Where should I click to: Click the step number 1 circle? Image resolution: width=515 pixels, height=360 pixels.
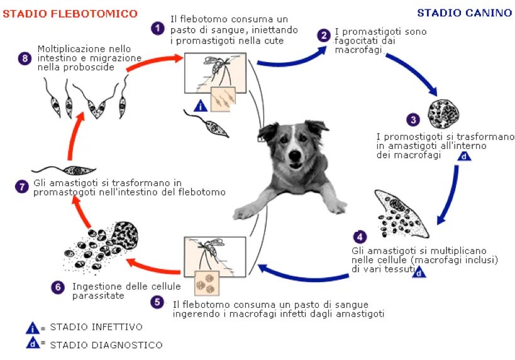pyautogui.click(x=157, y=28)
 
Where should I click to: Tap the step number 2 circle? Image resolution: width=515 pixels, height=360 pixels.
pyautogui.click(x=323, y=35)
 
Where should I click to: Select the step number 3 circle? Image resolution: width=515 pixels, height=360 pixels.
pyautogui.click(x=413, y=119)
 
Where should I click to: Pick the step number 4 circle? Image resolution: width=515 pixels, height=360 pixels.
pyautogui.click(x=360, y=237)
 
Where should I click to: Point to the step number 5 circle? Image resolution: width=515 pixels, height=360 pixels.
pyautogui.click(x=157, y=302)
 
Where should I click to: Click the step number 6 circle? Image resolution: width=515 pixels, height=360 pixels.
pyautogui.click(x=58, y=287)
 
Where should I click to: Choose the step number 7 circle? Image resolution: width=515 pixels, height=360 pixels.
pyautogui.click(x=23, y=187)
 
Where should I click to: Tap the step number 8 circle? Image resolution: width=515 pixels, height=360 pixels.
pyautogui.click(x=25, y=58)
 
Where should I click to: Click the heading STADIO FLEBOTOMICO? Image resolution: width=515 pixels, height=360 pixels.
pyautogui.click(x=70, y=14)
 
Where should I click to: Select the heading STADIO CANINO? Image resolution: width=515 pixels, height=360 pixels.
pyautogui.click(x=464, y=13)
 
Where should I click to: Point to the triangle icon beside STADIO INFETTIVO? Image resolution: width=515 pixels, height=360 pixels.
pyautogui.click(x=32, y=327)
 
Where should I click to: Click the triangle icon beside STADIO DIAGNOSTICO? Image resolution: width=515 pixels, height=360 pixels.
pyautogui.click(x=32, y=344)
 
